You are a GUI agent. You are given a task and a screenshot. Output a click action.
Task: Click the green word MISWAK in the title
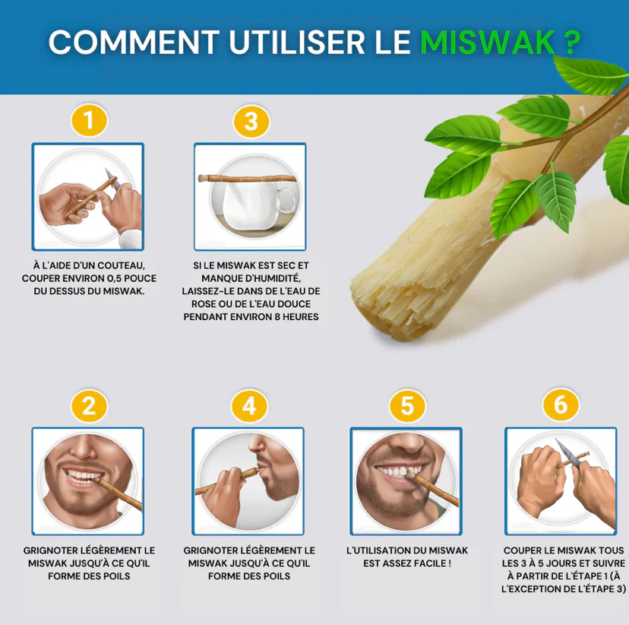coord(488,42)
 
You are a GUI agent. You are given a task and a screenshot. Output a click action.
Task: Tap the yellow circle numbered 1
coord(89,120)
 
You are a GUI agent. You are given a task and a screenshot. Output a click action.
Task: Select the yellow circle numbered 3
coord(251,121)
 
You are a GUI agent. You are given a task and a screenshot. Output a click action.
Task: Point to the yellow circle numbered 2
coord(89,405)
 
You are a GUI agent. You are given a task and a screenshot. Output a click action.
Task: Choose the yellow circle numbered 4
coord(249,405)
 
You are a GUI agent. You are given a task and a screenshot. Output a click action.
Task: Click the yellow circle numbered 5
coord(407,405)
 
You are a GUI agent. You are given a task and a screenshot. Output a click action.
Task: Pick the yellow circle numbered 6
coord(561,405)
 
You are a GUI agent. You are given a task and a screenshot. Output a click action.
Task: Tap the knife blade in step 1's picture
coord(112,179)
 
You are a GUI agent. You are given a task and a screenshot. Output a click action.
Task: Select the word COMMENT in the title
coord(134,42)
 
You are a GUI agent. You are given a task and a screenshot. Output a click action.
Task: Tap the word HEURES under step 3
coord(301,317)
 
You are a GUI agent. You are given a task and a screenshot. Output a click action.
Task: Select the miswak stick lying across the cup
coord(248,179)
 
